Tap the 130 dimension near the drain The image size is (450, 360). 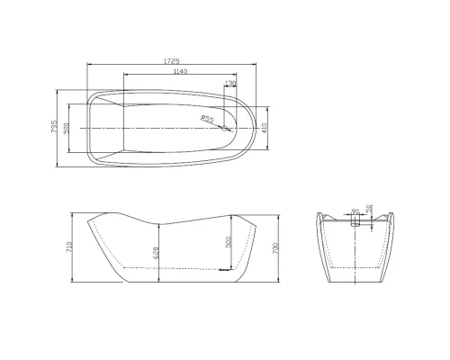(x=230, y=83)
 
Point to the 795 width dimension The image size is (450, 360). (x=55, y=127)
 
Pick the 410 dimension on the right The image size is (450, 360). (x=265, y=127)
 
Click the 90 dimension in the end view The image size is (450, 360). (x=355, y=212)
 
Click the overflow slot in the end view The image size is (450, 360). (x=355, y=222)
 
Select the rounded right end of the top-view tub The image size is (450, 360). (x=255, y=127)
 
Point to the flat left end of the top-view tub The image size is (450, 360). (x=87, y=127)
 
